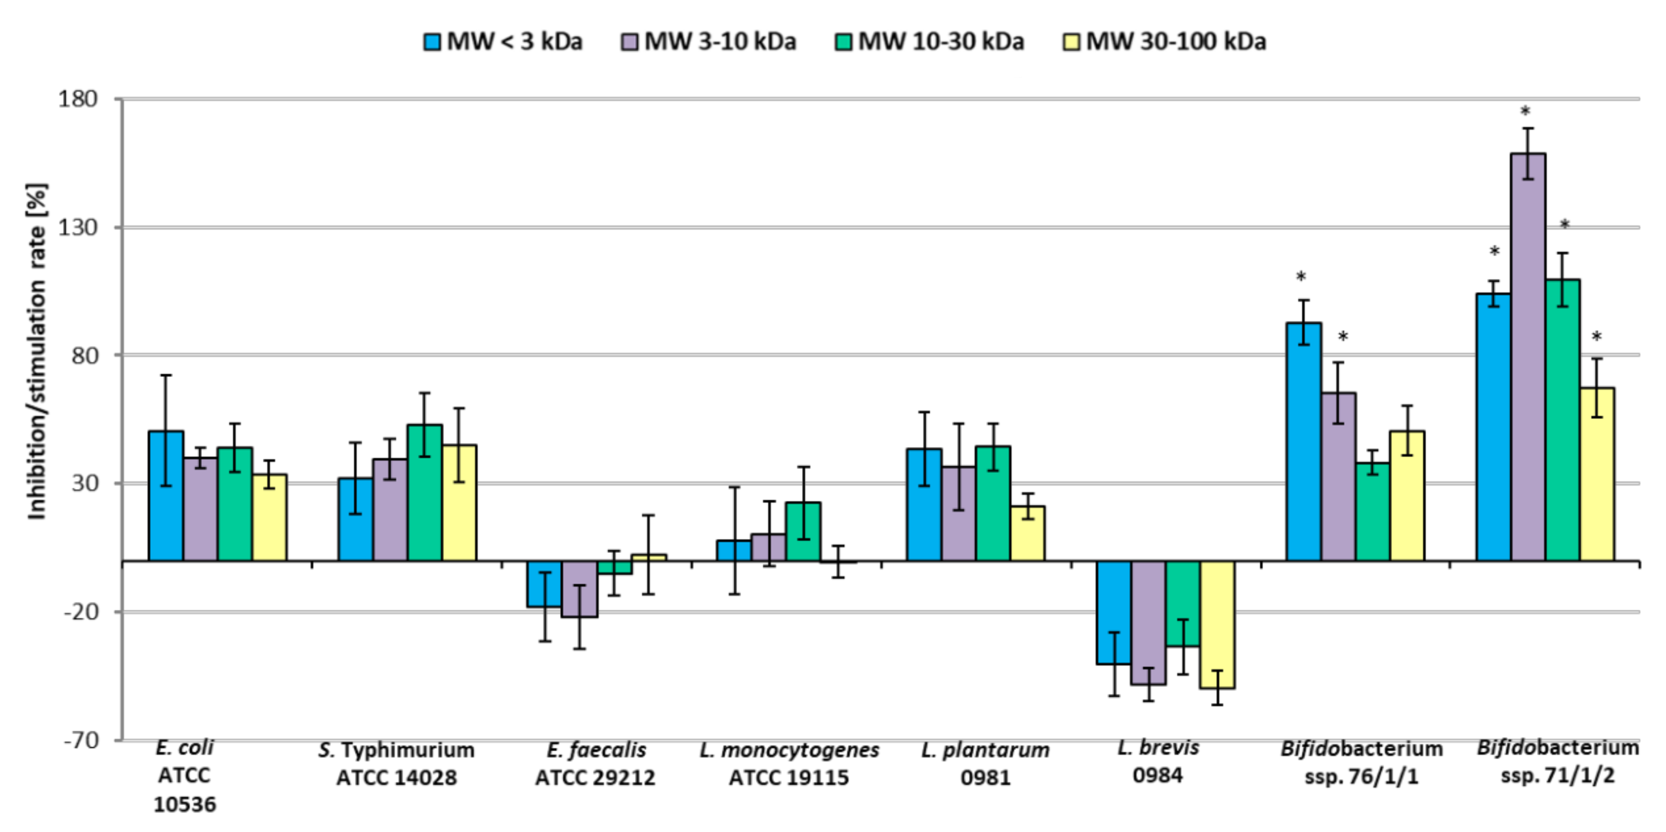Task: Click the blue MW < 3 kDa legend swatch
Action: pyautogui.click(x=432, y=42)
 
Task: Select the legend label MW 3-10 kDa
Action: pyautogui.click(x=720, y=42)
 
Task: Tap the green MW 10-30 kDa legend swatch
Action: pyautogui.click(x=843, y=42)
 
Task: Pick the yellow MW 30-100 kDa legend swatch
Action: pyautogui.click(x=1071, y=42)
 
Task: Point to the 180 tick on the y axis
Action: pyautogui.click(x=78, y=99)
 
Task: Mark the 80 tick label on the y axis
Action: pyautogui.click(x=84, y=355)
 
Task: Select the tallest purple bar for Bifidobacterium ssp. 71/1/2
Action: pyautogui.click(x=1528, y=356)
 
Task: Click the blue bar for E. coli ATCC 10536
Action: pyautogui.click(x=166, y=495)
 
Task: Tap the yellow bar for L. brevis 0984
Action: pyautogui.click(x=1217, y=625)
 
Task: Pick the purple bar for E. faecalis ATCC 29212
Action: pyautogui.click(x=579, y=588)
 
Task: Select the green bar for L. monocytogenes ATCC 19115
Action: pyautogui.click(x=803, y=531)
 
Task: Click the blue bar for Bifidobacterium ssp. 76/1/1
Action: pyautogui.click(x=1303, y=441)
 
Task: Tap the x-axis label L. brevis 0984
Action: pyautogui.click(x=1158, y=761)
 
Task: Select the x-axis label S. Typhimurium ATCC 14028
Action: pyautogui.click(x=396, y=764)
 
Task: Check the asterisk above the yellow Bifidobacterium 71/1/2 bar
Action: pyautogui.click(x=1596, y=337)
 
